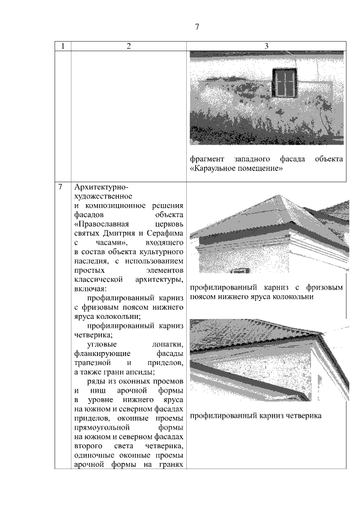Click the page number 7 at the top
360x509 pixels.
(x=197, y=26)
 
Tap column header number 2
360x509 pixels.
(x=128, y=46)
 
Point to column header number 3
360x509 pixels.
(x=266, y=46)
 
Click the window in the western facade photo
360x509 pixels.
(x=285, y=84)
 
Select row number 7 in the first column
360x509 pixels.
(x=60, y=187)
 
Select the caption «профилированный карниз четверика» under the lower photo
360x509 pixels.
(x=255, y=416)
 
